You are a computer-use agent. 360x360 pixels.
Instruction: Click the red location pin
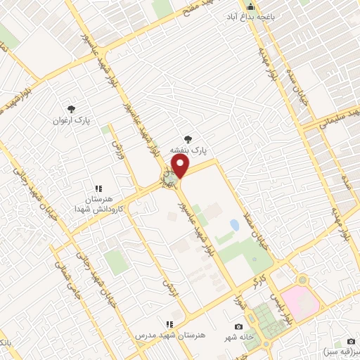(x=181, y=167)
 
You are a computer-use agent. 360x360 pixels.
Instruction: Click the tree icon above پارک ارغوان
(x=70, y=108)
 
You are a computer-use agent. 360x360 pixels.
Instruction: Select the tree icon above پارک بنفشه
(x=187, y=139)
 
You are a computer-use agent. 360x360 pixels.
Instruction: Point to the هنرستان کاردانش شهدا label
(x=100, y=204)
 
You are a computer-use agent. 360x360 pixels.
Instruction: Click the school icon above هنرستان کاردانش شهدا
(x=99, y=188)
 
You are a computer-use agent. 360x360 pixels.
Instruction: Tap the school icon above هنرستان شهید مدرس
(x=169, y=324)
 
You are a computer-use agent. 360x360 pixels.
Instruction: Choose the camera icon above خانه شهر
(x=239, y=327)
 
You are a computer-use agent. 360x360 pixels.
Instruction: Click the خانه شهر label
(x=239, y=337)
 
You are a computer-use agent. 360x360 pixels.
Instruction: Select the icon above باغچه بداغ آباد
(x=250, y=5)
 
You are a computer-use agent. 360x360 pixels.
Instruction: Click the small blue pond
(x=233, y=225)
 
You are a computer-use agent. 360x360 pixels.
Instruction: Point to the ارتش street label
(x=167, y=289)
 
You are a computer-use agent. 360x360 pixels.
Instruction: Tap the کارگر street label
(x=260, y=283)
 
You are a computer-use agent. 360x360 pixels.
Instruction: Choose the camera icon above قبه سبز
(x=351, y=341)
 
